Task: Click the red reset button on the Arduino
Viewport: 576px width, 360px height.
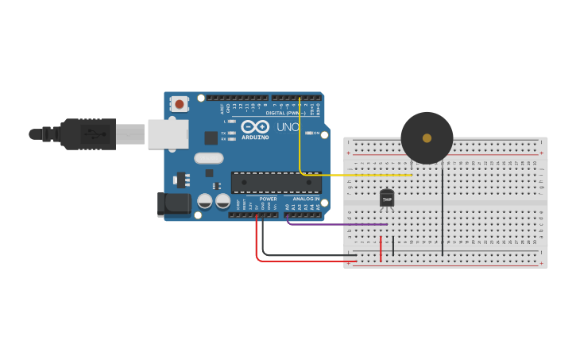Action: (180, 103)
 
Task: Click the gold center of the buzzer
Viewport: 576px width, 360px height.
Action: (427, 138)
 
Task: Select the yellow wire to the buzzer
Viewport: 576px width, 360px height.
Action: (358, 175)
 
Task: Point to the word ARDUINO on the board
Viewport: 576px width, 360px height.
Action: (256, 137)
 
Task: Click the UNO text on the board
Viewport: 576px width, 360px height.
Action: (288, 126)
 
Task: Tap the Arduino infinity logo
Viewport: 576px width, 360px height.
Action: (255, 126)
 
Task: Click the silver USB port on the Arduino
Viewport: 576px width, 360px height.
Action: (168, 134)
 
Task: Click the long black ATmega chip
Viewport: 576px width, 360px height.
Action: (276, 183)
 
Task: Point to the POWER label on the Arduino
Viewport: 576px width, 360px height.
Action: (268, 199)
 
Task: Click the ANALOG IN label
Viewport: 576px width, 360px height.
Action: (306, 199)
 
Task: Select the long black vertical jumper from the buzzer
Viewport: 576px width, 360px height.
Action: (443, 215)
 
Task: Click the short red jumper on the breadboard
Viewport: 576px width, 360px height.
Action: (381, 248)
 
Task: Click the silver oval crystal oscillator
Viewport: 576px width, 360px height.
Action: (209, 158)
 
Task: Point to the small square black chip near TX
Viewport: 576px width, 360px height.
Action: (211, 137)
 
